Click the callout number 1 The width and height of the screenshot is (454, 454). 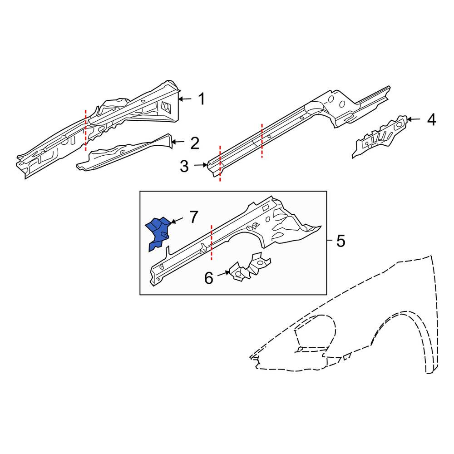(202, 99)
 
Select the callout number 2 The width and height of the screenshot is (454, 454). (195, 143)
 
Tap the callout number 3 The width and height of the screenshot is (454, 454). (184, 167)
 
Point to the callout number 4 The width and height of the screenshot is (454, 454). (431, 119)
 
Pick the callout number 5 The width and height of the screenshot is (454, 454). (341, 241)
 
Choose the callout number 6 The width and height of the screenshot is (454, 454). (208, 278)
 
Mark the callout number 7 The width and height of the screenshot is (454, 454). (194, 217)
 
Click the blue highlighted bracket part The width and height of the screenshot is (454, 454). (158, 233)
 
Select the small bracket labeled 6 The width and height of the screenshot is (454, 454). (250, 267)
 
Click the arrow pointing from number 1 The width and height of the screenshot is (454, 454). (185, 99)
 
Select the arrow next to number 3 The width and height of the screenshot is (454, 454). (201, 165)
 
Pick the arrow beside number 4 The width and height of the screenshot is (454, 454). (414, 119)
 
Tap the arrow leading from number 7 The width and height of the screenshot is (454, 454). (177, 220)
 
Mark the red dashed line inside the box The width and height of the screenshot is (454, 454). (212, 242)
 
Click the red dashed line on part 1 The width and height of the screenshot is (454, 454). (85, 130)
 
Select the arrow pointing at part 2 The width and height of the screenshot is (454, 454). (178, 142)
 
